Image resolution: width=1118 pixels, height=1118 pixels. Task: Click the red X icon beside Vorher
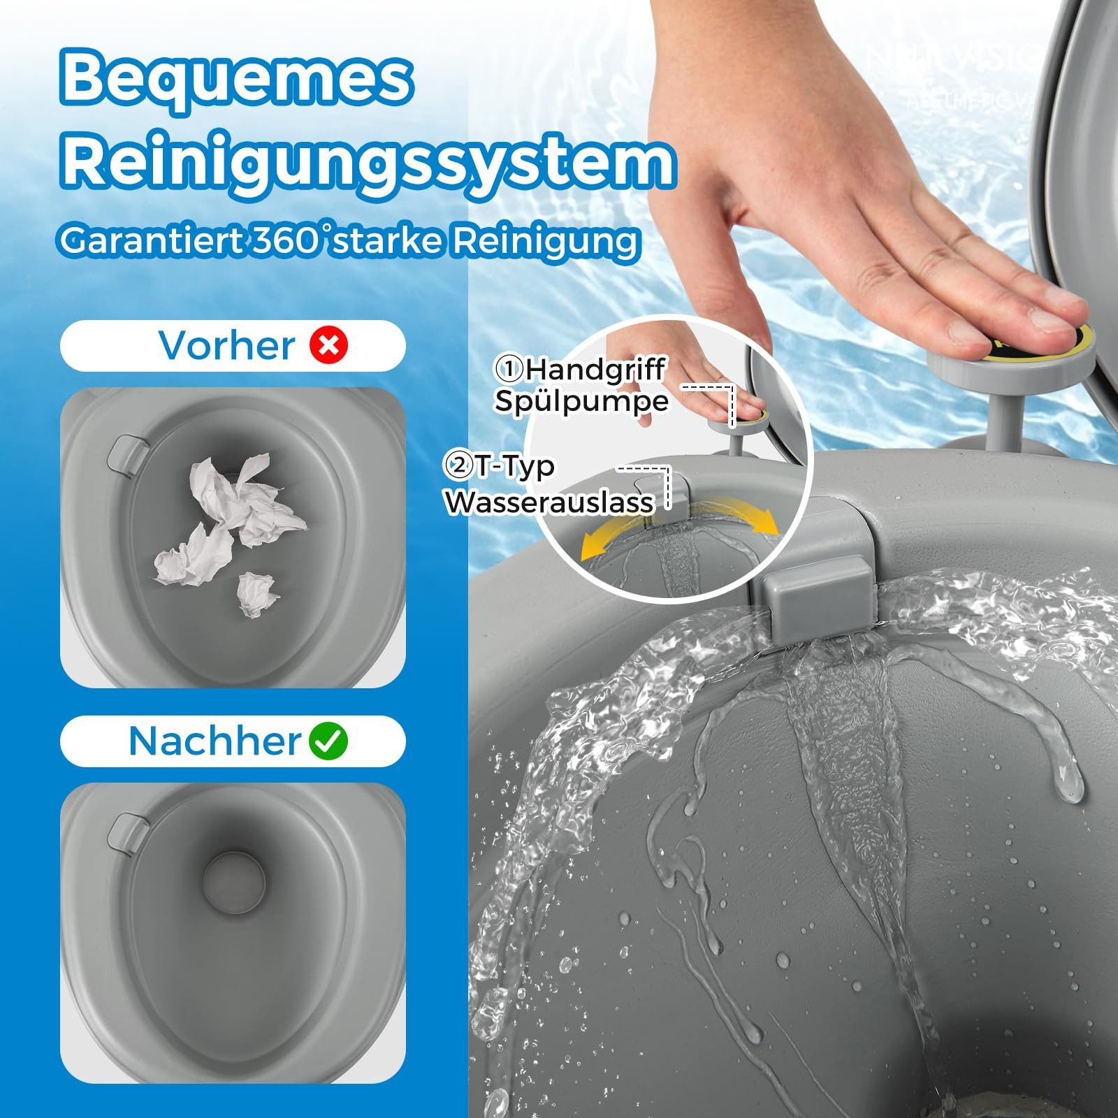(x=329, y=345)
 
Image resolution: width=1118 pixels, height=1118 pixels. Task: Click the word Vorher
(x=227, y=345)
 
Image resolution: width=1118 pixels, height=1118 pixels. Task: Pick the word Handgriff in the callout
(x=595, y=370)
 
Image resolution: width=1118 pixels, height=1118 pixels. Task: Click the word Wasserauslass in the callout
(x=551, y=502)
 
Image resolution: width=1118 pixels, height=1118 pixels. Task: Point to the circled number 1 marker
(x=509, y=369)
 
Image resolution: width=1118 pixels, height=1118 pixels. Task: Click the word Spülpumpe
(x=581, y=402)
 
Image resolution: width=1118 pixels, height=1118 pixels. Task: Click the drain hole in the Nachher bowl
(x=233, y=881)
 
